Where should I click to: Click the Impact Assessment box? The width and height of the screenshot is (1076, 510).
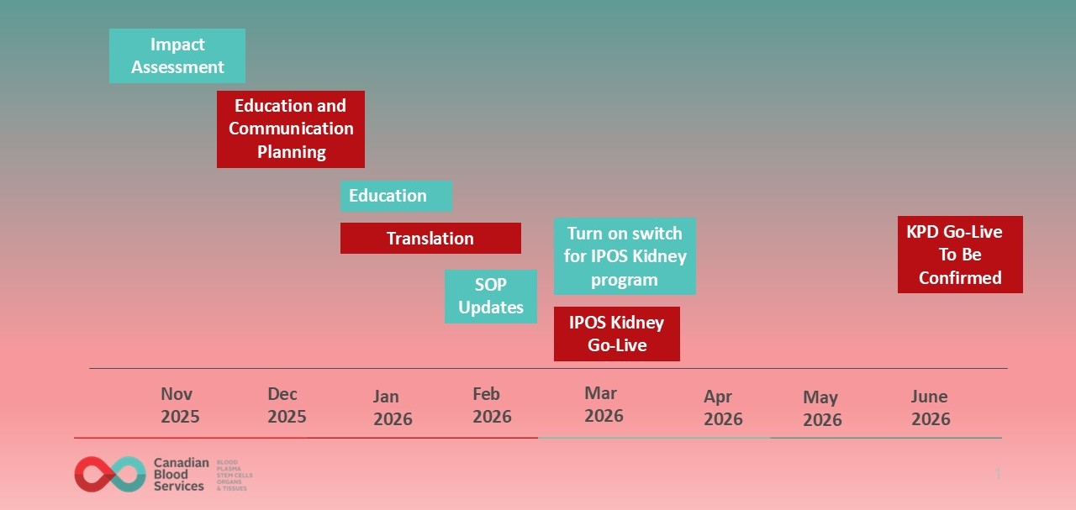(x=177, y=55)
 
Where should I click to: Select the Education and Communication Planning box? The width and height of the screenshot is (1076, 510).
(x=291, y=129)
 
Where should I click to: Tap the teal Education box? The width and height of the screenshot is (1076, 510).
(x=396, y=196)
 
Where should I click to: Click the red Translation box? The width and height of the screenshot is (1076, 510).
(x=430, y=238)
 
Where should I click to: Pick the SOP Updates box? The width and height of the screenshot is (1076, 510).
(x=491, y=296)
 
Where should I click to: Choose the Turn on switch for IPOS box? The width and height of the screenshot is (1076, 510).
(x=625, y=256)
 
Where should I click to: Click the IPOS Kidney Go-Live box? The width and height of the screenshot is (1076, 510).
(x=616, y=334)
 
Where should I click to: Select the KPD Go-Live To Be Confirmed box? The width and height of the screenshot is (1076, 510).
(x=960, y=255)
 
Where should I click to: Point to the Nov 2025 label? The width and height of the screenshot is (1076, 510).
(x=180, y=405)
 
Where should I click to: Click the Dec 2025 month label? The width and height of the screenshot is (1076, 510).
(x=287, y=405)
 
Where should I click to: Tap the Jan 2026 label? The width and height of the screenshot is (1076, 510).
(x=393, y=407)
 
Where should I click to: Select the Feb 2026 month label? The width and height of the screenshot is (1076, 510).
(x=492, y=405)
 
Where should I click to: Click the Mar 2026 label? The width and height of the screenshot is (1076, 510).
(x=604, y=404)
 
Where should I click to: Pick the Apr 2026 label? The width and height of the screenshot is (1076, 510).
(x=723, y=407)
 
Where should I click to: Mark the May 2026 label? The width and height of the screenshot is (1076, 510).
(x=822, y=408)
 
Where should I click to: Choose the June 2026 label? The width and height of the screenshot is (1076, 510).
(x=931, y=407)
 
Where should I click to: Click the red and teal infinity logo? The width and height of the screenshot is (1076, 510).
(x=110, y=474)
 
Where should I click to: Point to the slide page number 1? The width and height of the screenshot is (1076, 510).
(x=998, y=475)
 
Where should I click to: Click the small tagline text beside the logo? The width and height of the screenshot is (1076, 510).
(x=235, y=475)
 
